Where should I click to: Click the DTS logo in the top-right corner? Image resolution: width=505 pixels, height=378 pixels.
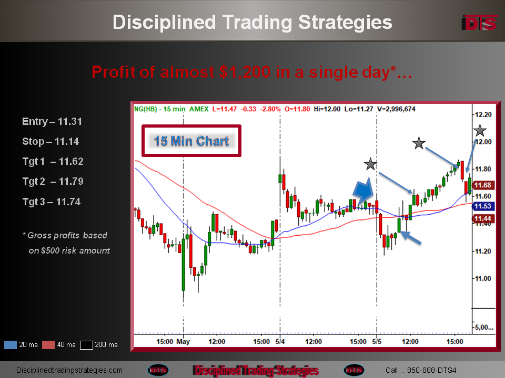point(479,23)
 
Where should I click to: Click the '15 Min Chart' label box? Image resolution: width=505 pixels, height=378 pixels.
point(191,141)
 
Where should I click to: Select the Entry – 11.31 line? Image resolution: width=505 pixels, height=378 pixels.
point(52,121)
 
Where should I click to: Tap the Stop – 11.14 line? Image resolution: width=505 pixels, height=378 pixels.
point(50,141)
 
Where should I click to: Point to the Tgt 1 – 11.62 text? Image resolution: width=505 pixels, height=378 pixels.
point(53,161)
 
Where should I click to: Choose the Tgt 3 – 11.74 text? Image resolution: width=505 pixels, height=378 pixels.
point(52,202)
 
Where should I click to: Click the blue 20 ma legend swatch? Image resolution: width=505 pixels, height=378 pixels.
point(11,345)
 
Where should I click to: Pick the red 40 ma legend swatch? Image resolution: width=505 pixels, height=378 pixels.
point(48,345)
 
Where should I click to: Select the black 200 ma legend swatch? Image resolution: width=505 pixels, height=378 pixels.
point(86,345)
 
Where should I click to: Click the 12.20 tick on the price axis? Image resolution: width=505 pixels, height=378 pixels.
point(483,114)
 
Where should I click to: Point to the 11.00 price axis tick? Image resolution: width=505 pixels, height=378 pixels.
point(483,278)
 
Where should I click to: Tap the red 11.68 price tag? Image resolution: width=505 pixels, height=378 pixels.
point(482,185)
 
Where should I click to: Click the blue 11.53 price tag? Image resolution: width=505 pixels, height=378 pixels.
point(482,206)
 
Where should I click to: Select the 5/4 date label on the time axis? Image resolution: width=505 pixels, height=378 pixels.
point(280,341)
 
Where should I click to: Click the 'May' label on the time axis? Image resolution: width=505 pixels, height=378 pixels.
point(183,341)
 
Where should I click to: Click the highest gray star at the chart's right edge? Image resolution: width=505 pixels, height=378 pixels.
point(480,131)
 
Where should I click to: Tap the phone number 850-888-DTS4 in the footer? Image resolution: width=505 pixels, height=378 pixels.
point(431,370)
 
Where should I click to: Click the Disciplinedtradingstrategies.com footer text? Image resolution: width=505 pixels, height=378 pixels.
point(69,370)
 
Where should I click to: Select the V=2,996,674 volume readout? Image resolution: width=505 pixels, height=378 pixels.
point(396,109)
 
